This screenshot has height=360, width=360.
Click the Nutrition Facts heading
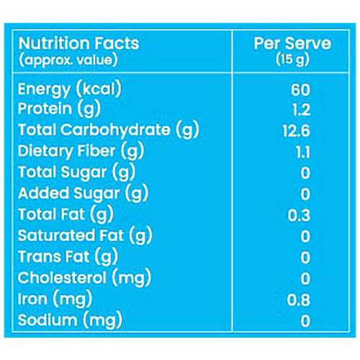tap(78, 42)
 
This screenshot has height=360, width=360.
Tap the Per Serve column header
tap(292, 42)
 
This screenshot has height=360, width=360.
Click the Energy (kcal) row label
tap(69, 89)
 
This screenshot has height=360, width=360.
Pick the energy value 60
tap(300, 90)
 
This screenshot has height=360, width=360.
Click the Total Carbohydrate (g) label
tap(108, 130)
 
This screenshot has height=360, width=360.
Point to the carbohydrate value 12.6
tap(300, 131)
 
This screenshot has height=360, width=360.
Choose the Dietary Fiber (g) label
tap(81, 151)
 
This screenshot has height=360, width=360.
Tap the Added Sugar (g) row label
tap(79, 193)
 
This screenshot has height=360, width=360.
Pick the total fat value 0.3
tap(300, 215)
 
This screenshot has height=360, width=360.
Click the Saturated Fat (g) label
tap(85, 235)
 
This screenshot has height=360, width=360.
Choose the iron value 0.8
tap(300, 298)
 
